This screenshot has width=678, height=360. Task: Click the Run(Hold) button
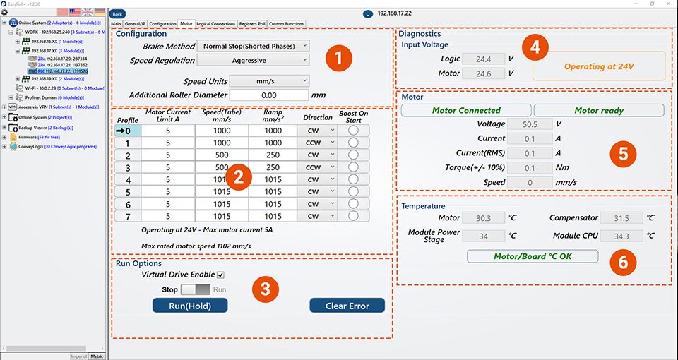(189, 305)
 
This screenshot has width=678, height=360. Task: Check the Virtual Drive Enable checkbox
(220, 275)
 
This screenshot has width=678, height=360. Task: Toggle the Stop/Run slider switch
(196, 289)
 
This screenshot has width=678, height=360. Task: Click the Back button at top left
(118, 13)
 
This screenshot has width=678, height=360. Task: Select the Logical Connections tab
(215, 24)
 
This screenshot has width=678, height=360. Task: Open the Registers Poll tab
(251, 24)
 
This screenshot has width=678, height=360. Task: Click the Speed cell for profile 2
(222, 155)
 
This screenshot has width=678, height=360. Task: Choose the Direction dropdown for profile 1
(314, 143)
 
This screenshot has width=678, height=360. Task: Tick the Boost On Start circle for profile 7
(353, 216)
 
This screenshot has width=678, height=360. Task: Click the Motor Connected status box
(466, 110)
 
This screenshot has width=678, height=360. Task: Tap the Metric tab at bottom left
(97, 356)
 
